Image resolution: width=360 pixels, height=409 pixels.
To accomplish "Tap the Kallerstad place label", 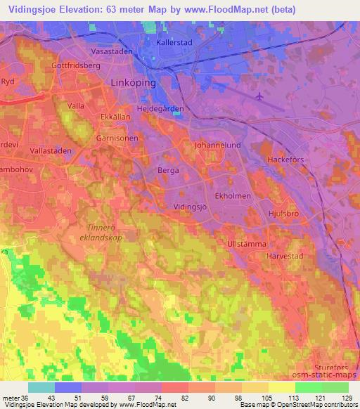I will [174, 42].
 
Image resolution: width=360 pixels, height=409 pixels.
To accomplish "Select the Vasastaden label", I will [112, 52].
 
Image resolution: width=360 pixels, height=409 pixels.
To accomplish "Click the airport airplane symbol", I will [262, 96].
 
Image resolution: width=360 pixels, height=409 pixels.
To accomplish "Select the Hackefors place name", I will [288, 160].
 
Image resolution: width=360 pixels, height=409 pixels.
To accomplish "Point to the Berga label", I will [169, 171].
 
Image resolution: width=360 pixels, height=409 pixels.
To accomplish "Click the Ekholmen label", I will [233, 197].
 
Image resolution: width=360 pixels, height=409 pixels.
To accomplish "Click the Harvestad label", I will [284, 257].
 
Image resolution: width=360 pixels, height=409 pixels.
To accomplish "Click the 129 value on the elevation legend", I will [345, 398].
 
